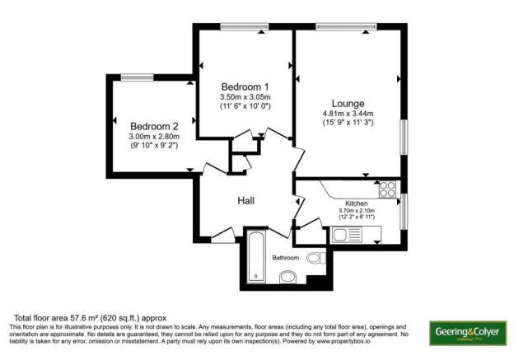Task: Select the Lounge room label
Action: click(348, 103)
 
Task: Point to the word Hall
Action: click(246, 201)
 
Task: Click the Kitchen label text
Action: click(357, 203)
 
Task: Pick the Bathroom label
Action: click(286, 258)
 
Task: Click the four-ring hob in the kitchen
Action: click(388, 189)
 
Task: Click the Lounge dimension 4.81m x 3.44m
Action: click(348, 114)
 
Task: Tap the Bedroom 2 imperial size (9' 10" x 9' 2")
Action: click(154, 146)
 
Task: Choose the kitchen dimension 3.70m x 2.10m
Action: click(357, 211)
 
